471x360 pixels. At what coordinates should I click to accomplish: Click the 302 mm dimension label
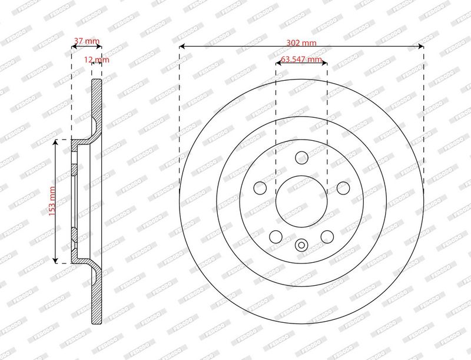[x=301, y=42]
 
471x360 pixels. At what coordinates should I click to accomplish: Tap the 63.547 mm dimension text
[x=301, y=59]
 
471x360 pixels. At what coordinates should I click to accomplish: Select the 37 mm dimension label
[x=87, y=41]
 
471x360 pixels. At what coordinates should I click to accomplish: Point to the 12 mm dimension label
[x=97, y=60]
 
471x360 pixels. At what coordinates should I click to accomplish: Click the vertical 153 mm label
[x=52, y=201]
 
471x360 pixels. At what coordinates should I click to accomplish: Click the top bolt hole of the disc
[x=301, y=158]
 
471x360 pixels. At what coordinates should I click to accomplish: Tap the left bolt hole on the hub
[x=260, y=188]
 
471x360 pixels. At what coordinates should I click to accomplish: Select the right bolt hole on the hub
[x=343, y=188]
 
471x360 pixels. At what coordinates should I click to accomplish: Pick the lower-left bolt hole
[x=276, y=237]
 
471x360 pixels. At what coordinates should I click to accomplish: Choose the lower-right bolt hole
[x=327, y=237]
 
